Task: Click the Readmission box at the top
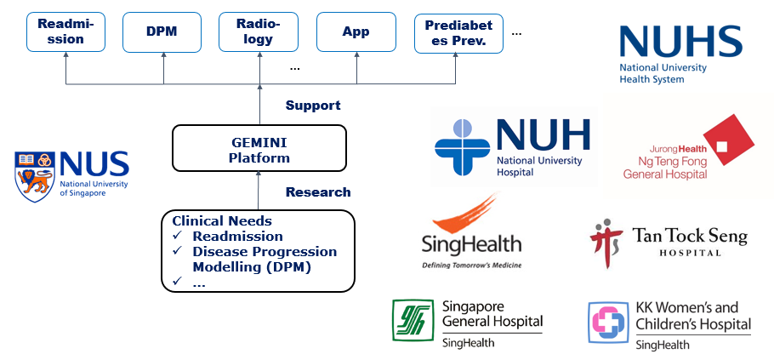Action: [x=65, y=32]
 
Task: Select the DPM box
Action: [x=162, y=32]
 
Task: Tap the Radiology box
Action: [x=259, y=32]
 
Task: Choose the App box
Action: [x=356, y=32]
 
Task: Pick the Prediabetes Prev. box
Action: [x=458, y=33]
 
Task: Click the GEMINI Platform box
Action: [x=259, y=148]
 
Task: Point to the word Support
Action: [x=313, y=106]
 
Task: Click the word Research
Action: [x=318, y=192]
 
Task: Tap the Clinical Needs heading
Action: [x=222, y=220]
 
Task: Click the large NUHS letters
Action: [x=680, y=42]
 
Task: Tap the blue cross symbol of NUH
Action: [x=463, y=147]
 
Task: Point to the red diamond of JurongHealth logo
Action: [x=728, y=140]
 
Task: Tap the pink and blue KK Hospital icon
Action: [x=608, y=323]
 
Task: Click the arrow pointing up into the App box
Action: [x=357, y=69]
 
